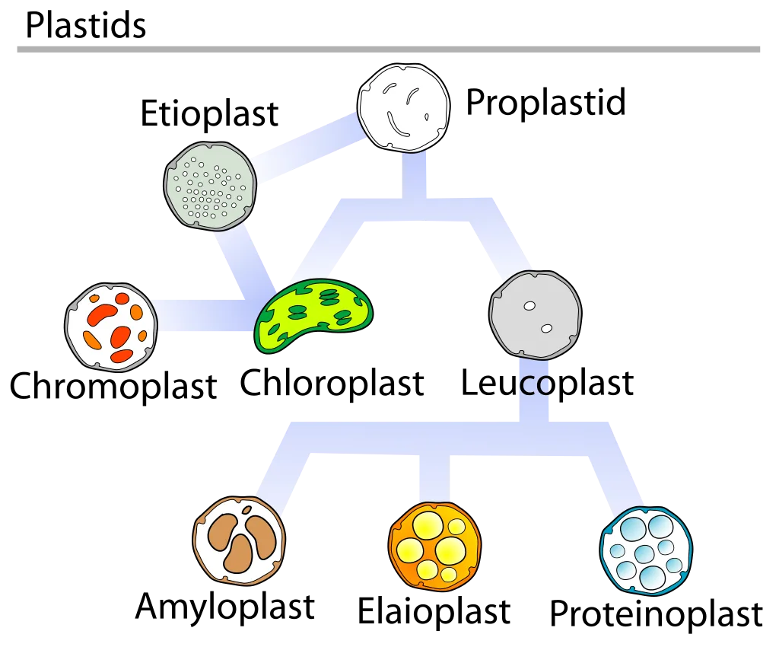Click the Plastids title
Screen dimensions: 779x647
[85, 25]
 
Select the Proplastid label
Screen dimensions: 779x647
[545, 103]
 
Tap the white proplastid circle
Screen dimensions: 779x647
[403, 107]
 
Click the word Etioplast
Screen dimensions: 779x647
[209, 114]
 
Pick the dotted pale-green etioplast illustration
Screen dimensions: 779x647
[210, 186]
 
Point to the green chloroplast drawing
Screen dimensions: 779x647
[313, 315]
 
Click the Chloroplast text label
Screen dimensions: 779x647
[332, 384]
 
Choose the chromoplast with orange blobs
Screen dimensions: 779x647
[111, 327]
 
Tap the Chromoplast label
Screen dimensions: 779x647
[113, 386]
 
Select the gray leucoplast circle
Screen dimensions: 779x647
[535, 314]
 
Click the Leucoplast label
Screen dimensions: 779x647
[548, 384]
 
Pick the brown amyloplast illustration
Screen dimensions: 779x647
[239, 540]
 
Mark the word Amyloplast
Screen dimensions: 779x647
[225, 607]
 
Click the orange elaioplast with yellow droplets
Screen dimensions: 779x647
[434, 546]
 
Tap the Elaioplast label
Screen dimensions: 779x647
[434, 611]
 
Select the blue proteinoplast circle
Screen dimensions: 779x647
[647, 551]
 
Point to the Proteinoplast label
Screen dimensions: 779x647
[656, 615]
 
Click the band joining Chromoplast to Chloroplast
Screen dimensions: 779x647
[205, 316]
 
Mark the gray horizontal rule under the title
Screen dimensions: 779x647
[389, 49]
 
